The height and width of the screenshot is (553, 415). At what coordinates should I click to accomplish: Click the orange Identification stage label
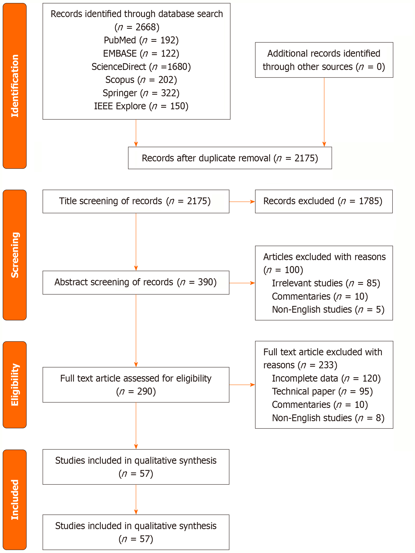[15, 86]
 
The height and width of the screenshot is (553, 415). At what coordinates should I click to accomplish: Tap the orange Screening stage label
[15, 255]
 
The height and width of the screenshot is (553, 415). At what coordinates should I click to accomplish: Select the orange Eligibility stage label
[15, 384]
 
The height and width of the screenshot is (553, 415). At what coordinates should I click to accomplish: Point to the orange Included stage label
[15, 499]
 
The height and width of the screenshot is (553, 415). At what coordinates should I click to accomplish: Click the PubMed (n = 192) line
[141, 40]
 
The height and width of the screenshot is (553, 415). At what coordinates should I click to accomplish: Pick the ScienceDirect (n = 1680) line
[141, 67]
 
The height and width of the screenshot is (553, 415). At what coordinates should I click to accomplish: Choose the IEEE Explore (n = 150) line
[141, 106]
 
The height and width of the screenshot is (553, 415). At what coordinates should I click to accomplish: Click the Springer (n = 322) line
[141, 93]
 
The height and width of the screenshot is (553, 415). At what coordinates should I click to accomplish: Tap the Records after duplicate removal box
[230, 158]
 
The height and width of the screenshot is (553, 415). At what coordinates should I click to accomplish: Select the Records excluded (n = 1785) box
[324, 201]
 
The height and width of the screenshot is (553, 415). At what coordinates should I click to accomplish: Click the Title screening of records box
[136, 201]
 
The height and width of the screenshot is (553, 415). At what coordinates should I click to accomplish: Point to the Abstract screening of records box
[136, 282]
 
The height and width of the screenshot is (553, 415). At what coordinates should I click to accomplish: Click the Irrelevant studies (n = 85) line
[326, 283]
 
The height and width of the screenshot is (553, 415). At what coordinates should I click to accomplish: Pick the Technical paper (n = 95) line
[322, 391]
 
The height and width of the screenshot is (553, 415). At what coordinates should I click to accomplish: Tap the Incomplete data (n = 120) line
[326, 378]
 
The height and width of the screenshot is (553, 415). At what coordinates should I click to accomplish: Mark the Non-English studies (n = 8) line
[328, 418]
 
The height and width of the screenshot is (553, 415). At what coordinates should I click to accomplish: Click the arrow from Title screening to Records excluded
[242, 202]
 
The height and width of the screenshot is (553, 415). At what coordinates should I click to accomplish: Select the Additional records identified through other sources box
[324, 60]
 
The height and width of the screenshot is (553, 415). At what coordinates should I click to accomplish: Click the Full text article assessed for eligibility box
[136, 385]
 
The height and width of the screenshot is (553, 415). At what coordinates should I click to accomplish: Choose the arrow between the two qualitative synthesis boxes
[136, 499]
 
